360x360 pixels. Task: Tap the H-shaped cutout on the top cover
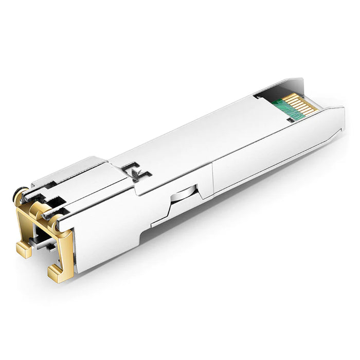[137, 171]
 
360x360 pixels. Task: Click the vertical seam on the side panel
[212, 178]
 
